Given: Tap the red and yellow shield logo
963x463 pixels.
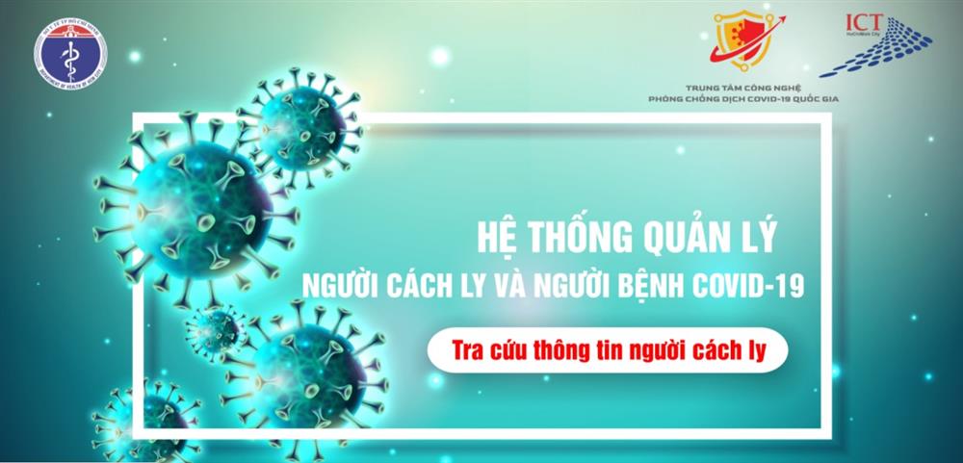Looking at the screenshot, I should tap(742, 40).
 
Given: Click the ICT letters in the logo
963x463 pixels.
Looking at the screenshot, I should tap(864, 23).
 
